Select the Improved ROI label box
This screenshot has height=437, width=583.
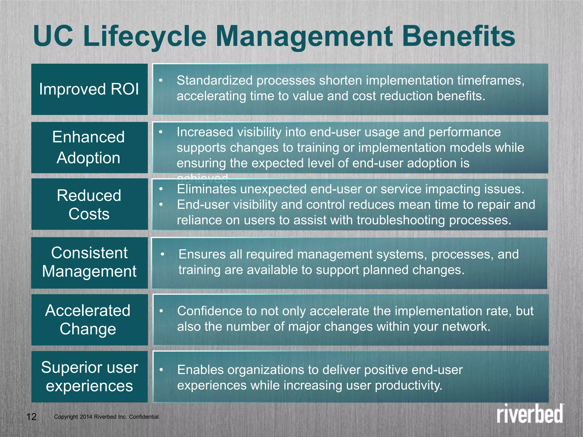[89, 89]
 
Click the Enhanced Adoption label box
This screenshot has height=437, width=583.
[89, 147]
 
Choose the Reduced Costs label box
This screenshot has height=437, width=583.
[89, 204]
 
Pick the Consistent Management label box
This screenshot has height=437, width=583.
[89, 262]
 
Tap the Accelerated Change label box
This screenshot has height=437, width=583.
[89, 320]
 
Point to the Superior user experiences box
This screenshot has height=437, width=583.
[89, 377]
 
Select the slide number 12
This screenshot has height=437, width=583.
[31, 417]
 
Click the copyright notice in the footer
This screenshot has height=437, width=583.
[107, 417]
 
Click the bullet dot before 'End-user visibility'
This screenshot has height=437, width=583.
[161, 205]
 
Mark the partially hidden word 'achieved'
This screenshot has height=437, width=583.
[204, 178]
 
